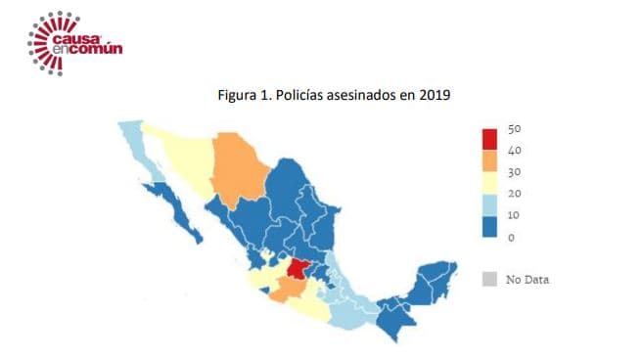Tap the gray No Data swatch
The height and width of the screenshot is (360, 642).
pos(490,279)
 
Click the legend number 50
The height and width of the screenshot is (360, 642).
pos(516,130)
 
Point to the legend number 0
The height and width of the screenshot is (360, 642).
pos(511,238)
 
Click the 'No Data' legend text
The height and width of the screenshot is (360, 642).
pos(527,280)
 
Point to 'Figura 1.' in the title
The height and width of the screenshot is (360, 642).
pos(245,96)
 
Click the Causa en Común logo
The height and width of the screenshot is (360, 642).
pos(73,41)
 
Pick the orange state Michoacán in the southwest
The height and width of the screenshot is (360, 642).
pos(287,291)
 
